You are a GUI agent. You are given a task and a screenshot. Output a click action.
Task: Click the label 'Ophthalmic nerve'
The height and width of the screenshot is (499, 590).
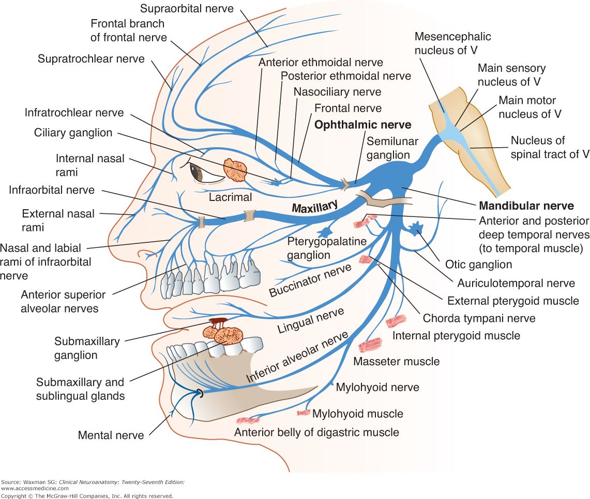(363, 125)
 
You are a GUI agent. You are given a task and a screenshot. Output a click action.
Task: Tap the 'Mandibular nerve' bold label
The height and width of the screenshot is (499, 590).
(526, 206)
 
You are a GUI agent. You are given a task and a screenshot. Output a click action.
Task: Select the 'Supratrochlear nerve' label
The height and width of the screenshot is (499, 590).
(91, 58)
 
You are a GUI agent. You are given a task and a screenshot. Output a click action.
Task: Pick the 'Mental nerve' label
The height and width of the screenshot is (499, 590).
(111, 435)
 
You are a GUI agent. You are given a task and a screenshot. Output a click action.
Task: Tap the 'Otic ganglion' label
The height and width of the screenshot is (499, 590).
(478, 264)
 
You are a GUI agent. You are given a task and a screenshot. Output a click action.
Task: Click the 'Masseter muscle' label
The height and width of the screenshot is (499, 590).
(396, 361)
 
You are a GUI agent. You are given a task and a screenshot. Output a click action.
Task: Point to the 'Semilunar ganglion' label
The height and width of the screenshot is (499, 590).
(392, 148)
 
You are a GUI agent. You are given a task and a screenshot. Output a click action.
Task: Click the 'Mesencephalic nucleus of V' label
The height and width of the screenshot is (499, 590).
(452, 43)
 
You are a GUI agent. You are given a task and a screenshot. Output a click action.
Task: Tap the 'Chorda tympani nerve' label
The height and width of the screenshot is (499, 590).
(479, 318)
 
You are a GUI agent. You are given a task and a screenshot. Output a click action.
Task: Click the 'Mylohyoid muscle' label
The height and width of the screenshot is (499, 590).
(358, 413)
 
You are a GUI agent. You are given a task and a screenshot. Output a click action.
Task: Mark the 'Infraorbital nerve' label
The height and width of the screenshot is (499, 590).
(52, 190)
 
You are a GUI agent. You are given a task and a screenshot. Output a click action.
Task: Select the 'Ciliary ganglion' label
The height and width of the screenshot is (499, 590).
(73, 133)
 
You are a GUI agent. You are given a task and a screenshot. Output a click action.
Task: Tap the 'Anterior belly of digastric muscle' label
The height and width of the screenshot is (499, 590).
(316, 432)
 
